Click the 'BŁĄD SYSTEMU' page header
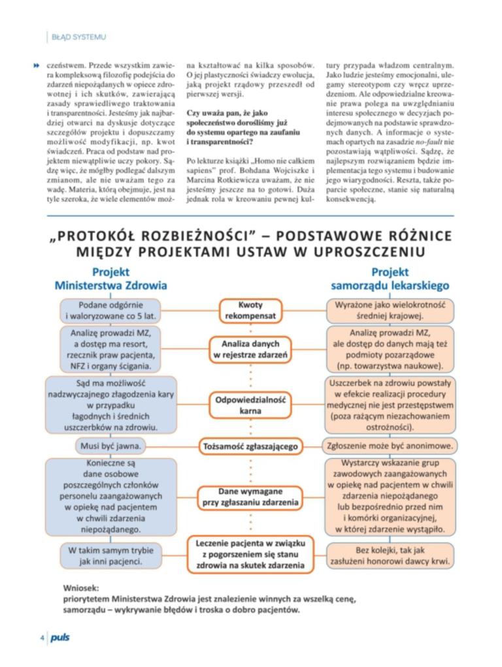78,37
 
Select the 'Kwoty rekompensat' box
250,311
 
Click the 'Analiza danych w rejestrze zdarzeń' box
250,349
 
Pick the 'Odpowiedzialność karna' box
250,405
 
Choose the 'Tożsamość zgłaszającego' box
250,446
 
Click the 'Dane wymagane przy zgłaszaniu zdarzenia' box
250,497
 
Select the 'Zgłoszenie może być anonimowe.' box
390,446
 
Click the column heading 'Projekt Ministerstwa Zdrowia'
110,279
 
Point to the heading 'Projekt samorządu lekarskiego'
390,279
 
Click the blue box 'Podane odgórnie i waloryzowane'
110,311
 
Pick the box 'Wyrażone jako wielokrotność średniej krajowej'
390,311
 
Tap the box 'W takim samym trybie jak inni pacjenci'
110,555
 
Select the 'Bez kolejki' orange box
390,555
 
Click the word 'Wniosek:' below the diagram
82,587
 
